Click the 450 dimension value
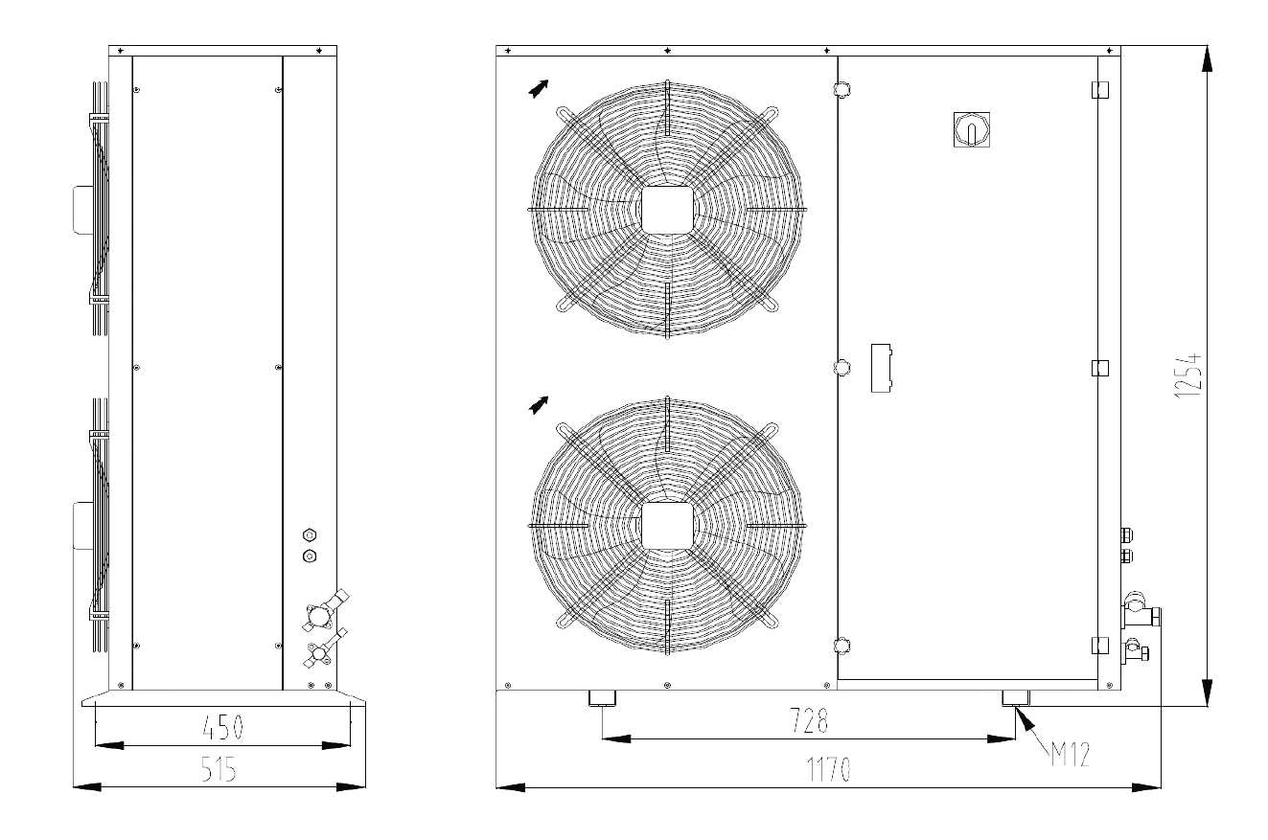pos(223,727)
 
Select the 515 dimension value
pos(219,769)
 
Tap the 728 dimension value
pos(809,720)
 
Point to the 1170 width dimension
pos(829,769)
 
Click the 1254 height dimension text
pos(1187,375)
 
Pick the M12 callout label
pos(1071,754)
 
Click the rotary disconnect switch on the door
pos(972,129)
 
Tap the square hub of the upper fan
pos(667,210)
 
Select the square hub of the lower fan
pos(667,526)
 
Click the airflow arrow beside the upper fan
pos(539,89)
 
